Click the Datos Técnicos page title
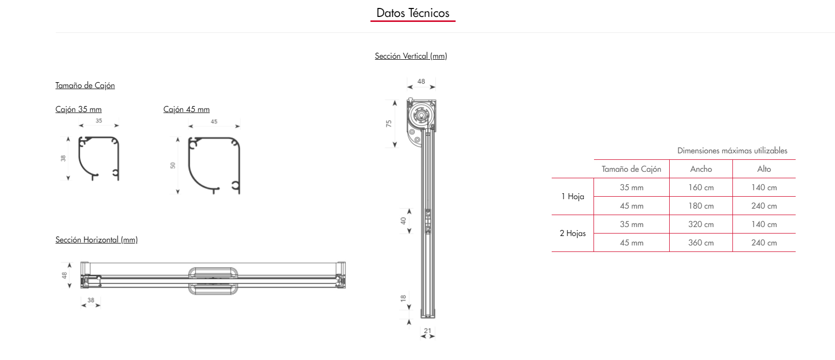tap(413, 13)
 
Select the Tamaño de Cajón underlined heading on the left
tap(85, 85)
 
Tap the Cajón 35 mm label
tap(78, 109)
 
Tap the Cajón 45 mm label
tap(186, 109)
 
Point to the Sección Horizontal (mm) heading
tap(97, 240)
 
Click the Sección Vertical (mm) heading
tap(411, 56)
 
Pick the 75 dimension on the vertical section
tap(389, 123)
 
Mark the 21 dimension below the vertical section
tap(428, 331)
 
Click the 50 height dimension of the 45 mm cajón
tap(173, 165)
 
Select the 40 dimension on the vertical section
tap(403, 221)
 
